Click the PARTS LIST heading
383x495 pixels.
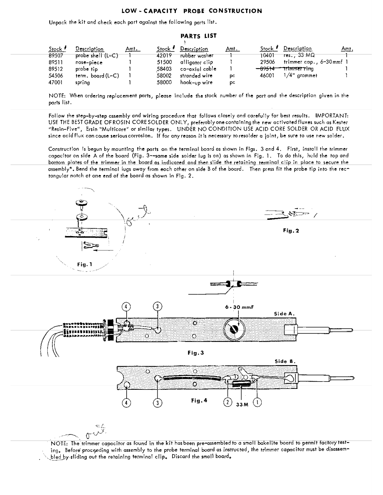tap(198, 36)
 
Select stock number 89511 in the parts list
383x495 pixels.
tap(56, 62)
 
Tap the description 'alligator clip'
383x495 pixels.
tap(196, 62)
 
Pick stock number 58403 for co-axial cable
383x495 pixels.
tap(164, 69)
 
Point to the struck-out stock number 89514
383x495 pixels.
tap(267, 69)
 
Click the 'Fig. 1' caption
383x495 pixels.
tap(85, 265)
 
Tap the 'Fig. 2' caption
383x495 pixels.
tap(291, 230)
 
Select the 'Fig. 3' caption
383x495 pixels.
tap(196, 353)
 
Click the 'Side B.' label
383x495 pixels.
tap(285, 361)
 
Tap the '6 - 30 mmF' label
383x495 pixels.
tap(240, 307)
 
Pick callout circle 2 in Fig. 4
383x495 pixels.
tap(228, 402)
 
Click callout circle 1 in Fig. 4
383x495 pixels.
tap(257, 402)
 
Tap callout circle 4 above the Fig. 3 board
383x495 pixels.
tap(126, 307)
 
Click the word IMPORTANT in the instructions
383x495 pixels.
tap(332, 115)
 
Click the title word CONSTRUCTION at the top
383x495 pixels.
tap(235, 11)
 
